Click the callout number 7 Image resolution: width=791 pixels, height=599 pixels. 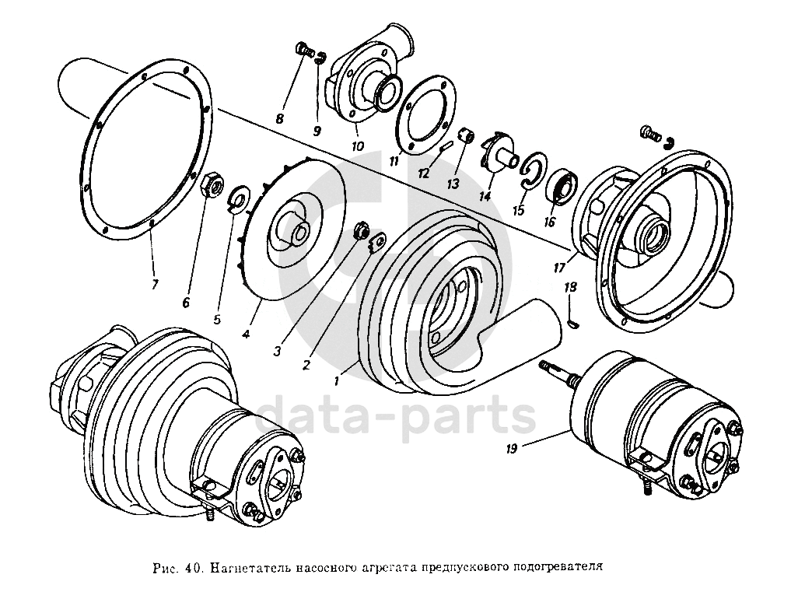154,284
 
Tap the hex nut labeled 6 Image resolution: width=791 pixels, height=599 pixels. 212,184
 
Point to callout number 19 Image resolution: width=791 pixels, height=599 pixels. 513,448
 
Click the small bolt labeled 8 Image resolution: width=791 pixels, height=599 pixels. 303,51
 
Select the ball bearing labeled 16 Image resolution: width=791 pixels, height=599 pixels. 563,184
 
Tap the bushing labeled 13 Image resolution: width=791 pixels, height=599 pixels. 466,135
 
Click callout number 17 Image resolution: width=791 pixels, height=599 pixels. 559,267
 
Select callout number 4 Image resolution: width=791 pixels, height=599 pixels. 246,334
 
